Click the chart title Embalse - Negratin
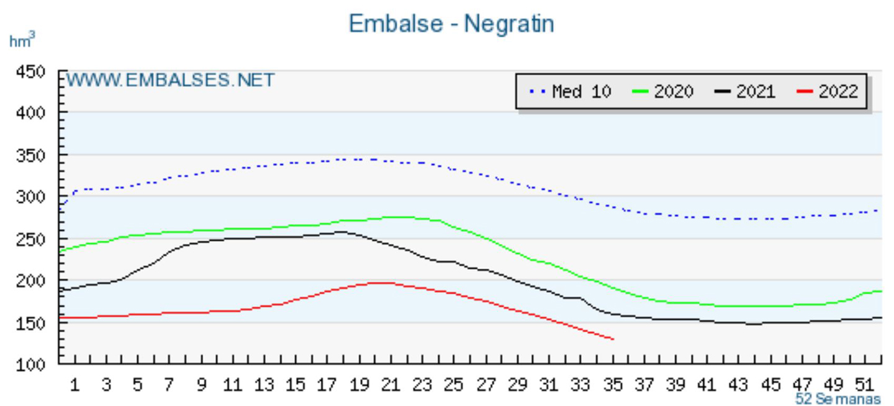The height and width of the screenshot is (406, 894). click(x=451, y=24)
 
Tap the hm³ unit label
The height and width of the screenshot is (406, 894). click(x=22, y=41)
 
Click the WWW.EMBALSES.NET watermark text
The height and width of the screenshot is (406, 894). click(x=170, y=80)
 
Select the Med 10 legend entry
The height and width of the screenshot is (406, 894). click(x=570, y=92)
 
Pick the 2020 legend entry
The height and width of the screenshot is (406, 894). click(x=662, y=92)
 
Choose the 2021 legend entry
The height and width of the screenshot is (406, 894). click(x=744, y=92)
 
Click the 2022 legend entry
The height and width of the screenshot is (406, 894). click(x=826, y=92)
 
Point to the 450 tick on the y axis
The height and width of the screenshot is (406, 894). click(x=32, y=73)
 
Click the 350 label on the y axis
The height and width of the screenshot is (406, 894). click(x=32, y=155)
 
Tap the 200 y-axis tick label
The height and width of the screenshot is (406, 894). click(x=32, y=281)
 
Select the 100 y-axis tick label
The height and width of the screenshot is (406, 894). click(x=32, y=364)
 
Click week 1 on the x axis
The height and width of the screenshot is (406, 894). click(x=74, y=385)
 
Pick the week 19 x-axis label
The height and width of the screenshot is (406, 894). click(x=359, y=385)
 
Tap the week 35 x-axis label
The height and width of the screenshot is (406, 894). click(x=612, y=385)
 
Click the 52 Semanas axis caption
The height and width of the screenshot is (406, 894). click(x=838, y=399)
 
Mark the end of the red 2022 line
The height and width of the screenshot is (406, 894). click(x=613, y=339)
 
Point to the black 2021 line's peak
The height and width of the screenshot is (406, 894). click(x=340, y=232)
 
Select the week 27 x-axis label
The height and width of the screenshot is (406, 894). click(x=485, y=385)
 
